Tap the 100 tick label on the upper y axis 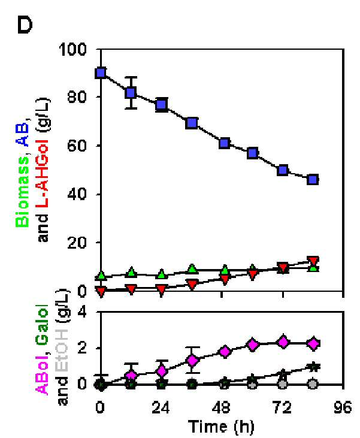73,50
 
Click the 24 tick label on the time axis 161,408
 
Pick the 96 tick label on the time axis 343,408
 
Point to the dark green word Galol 43,326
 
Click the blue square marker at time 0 101,73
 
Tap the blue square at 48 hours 225,143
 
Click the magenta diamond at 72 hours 283,342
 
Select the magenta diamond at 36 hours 192,360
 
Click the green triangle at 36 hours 192,268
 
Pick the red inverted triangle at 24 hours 161,289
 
